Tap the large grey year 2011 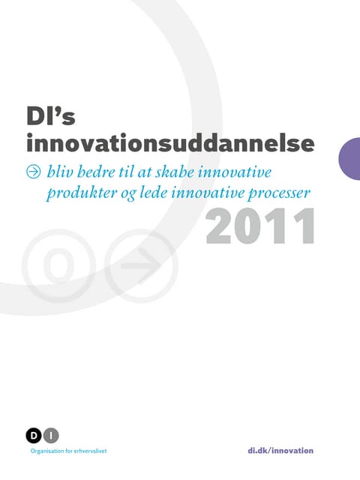pyautogui.click(x=259, y=228)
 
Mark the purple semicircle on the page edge pyautogui.click(x=349, y=159)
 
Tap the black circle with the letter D pyautogui.click(x=34, y=435)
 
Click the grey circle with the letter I pyautogui.click(x=50, y=435)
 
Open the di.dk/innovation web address pyautogui.click(x=280, y=450)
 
